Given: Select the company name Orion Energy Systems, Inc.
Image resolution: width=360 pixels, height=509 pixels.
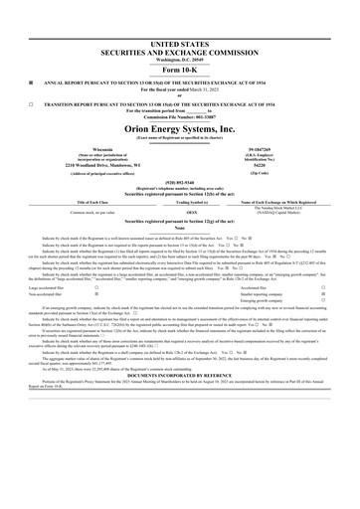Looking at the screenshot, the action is tap(180, 128).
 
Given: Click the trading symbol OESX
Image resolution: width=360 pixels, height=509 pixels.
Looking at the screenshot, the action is tap(180, 213).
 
